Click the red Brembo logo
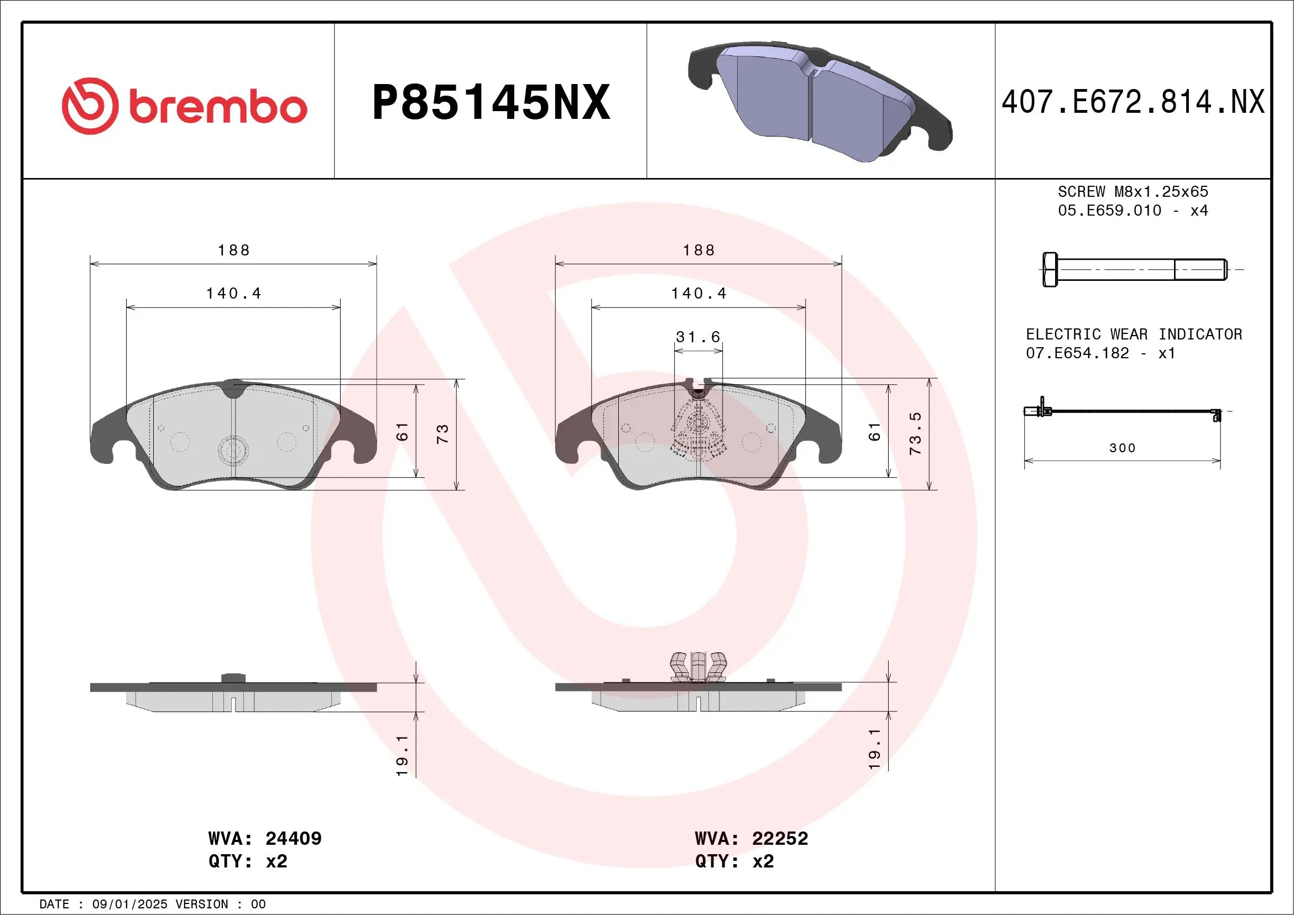(184, 106)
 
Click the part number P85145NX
(491, 102)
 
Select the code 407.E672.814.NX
(1133, 102)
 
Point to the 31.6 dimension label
(698, 337)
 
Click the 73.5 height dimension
(915, 433)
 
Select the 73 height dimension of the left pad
(442, 434)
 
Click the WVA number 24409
(293, 838)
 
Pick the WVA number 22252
(780, 838)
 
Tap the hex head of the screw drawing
(1050, 270)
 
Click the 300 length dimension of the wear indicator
(1122, 448)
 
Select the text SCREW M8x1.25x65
(1133, 191)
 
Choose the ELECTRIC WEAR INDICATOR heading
(1134, 334)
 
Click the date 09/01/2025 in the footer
(129, 904)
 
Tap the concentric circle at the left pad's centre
(233, 451)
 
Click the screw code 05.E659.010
(1109, 211)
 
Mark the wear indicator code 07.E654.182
(1077, 353)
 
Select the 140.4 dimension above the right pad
(698, 294)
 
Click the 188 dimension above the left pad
(233, 250)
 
